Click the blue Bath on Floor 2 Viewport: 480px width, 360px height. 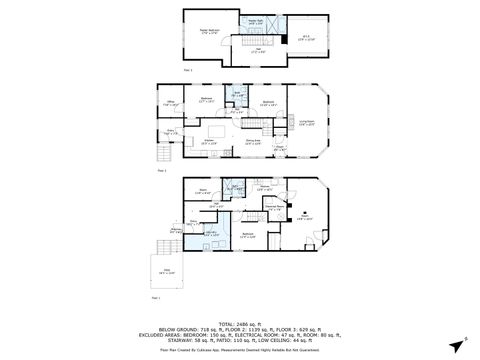coord(238,95)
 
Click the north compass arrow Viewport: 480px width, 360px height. coord(461,339)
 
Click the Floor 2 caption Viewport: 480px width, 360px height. coord(161,171)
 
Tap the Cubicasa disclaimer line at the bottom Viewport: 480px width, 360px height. coord(240,350)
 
